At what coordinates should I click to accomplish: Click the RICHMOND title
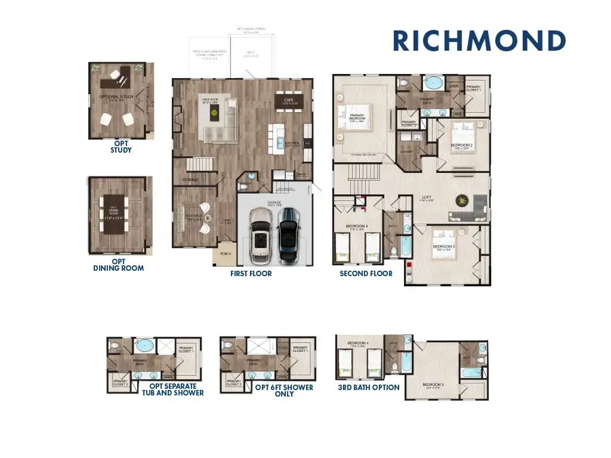479,41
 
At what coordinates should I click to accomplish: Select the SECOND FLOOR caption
366,273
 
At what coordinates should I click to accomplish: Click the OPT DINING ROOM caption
119,264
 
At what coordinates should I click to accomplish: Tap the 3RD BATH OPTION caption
369,387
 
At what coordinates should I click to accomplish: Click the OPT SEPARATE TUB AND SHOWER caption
172,389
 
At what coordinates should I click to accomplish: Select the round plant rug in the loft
462,200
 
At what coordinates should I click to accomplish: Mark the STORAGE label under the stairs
189,180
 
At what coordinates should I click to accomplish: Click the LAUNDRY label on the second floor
407,152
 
